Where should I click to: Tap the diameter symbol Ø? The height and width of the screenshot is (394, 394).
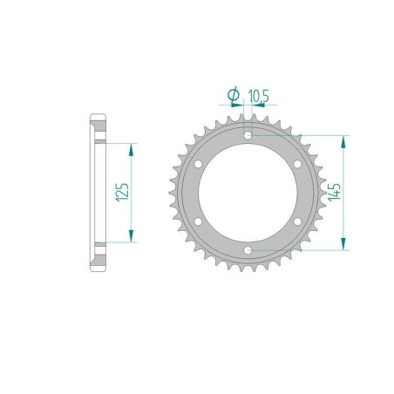234,94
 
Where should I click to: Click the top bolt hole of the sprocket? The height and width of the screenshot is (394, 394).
248,136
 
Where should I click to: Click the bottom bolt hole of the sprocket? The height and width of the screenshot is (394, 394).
248,251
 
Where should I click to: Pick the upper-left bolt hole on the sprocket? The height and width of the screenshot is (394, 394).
199,165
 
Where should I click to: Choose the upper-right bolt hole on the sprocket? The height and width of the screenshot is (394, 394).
298,165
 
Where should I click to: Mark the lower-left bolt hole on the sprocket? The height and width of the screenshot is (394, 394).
199,222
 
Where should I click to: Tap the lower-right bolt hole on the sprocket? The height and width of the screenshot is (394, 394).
298,222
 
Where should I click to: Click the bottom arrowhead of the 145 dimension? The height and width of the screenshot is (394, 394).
347,246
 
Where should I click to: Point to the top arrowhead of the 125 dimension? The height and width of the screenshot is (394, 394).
132,149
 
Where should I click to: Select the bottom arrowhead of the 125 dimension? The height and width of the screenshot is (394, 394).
132,236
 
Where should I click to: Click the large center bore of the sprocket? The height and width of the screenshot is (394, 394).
248,194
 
